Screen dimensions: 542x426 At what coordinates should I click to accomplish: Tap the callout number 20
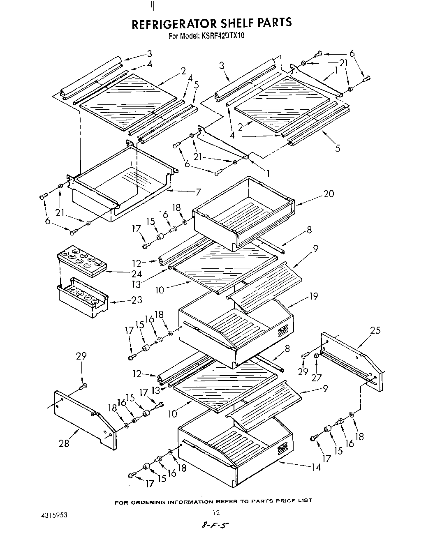pos(329,194)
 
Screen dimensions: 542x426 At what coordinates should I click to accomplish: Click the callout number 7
pos(198,192)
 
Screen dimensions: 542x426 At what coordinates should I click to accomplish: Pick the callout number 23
pos(137,300)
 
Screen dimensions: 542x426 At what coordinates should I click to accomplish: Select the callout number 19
pos(314,296)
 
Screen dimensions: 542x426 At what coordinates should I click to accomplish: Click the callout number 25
pos(375,330)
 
